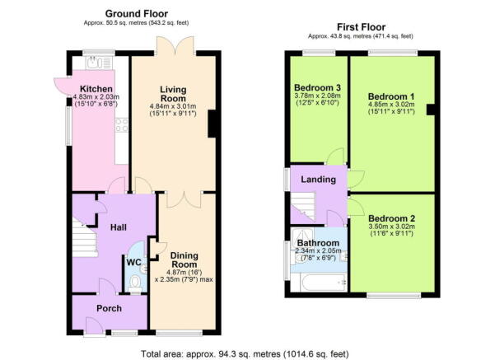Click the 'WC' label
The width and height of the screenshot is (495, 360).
click(x=132, y=264)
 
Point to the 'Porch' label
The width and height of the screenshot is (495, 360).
click(x=109, y=309)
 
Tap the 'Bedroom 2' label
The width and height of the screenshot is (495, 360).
click(x=390, y=218)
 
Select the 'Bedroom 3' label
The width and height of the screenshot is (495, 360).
click(x=317, y=87)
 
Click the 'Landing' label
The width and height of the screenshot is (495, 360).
click(x=317, y=180)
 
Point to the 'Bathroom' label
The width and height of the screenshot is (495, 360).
click(x=319, y=244)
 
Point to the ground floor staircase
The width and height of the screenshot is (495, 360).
click(x=85, y=236)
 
